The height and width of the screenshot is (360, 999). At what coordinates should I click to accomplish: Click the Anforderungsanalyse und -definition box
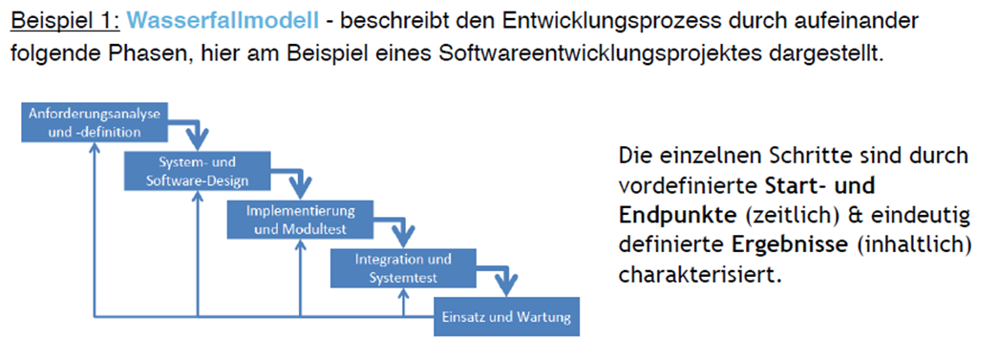94,123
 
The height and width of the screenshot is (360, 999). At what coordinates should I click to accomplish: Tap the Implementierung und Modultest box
300,220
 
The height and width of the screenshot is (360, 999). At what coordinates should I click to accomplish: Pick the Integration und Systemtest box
402,267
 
